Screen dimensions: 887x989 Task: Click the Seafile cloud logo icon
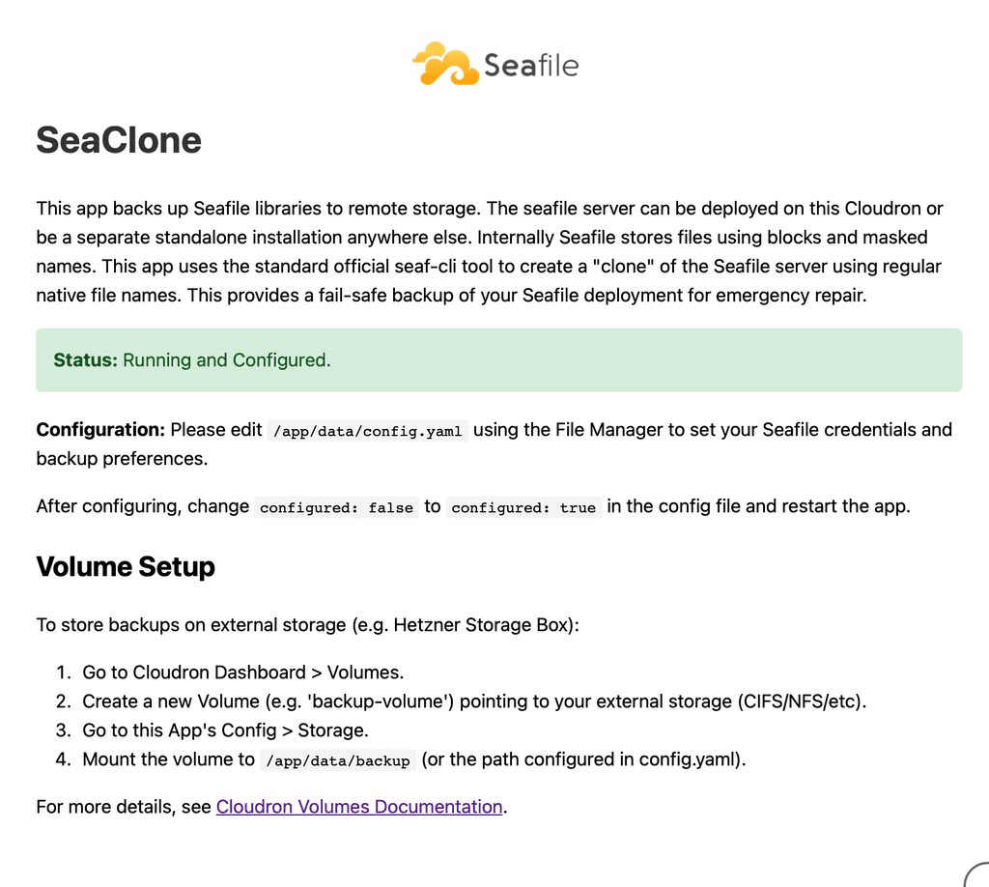point(445,64)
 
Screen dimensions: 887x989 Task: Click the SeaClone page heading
point(119,141)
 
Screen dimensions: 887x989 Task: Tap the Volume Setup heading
point(126,566)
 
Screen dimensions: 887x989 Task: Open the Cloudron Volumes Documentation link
point(359,807)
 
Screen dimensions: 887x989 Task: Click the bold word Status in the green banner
point(85,360)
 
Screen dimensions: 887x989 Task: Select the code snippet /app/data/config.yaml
point(368,431)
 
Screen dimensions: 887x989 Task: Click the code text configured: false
point(336,507)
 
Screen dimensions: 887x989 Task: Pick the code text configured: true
point(523,507)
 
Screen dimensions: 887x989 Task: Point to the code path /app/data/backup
point(338,760)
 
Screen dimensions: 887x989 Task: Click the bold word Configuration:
point(100,430)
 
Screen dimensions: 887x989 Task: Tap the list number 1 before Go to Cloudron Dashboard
point(62,672)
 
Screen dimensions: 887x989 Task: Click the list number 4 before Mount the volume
point(62,759)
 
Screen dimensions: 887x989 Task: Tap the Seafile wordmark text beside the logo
point(530,66)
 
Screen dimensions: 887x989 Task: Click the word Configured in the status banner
point(281,360)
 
